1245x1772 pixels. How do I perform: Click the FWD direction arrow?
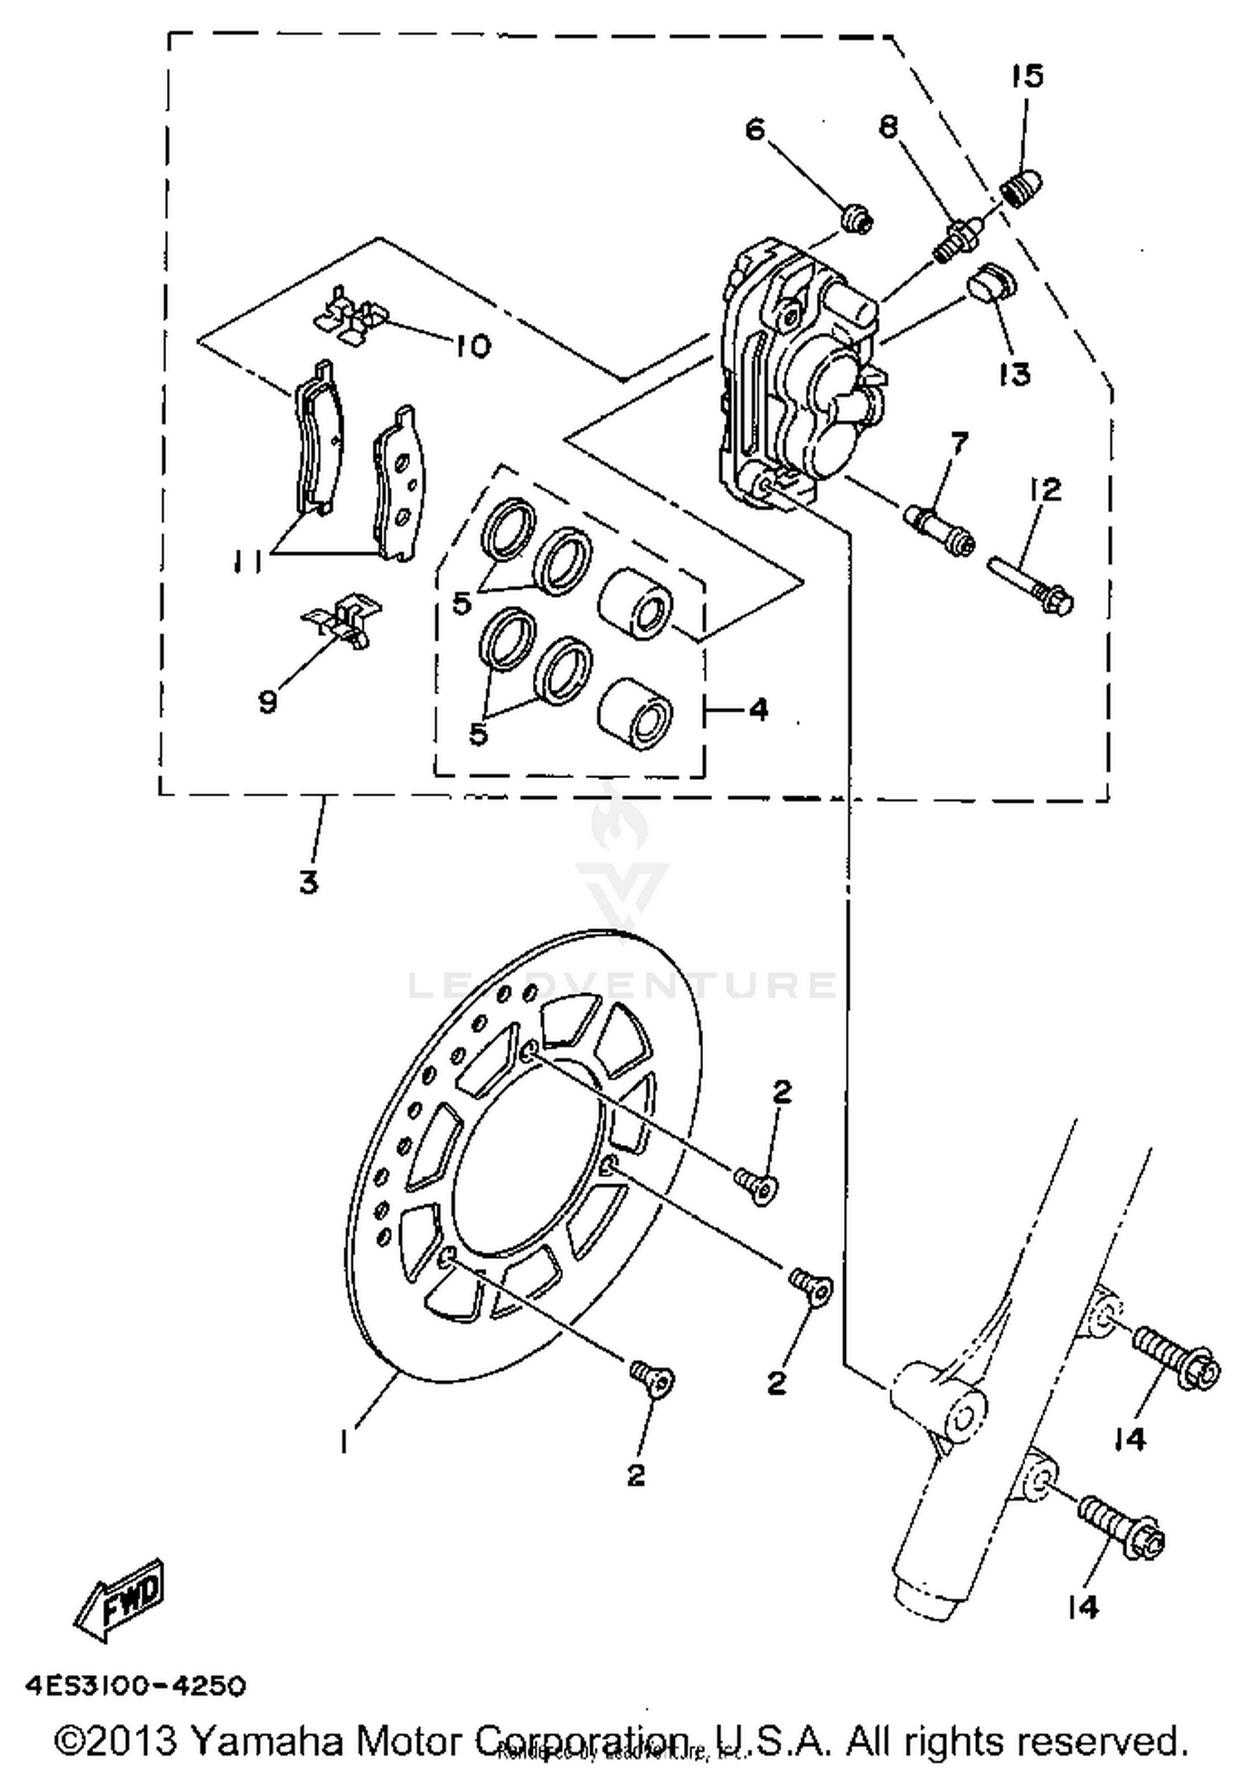pos(121,1600)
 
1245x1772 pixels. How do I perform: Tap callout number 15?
pos(1027,76)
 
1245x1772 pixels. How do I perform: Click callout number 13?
pos(1014,374)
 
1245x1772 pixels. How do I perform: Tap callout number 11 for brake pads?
pos(247,563)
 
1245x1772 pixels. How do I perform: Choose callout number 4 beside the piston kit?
pos(758,709)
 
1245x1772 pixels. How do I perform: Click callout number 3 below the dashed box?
pos(309,881)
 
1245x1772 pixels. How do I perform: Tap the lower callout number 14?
pos(1083,1607)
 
